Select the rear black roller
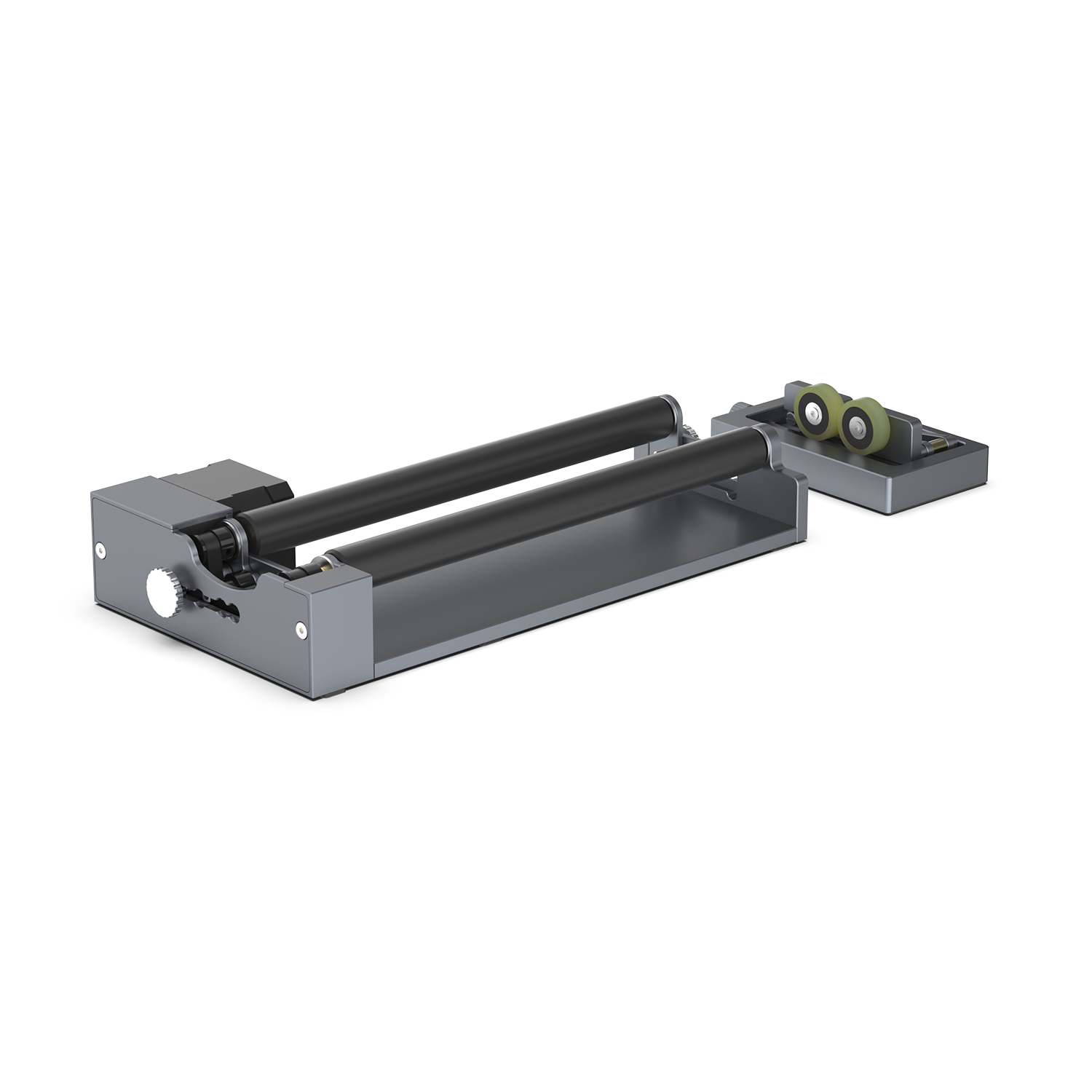[x=451, y=459]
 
